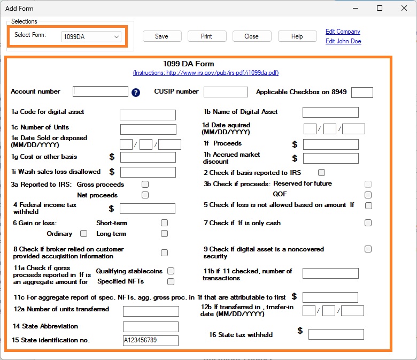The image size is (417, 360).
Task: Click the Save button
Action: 161,36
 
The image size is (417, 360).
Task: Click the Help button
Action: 297,36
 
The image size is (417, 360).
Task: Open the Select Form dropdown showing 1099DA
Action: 91,37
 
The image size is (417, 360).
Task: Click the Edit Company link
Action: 343,32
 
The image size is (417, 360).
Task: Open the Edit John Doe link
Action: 343,41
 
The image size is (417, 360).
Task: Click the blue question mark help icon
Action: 136,92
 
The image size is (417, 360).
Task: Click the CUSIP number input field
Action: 226,92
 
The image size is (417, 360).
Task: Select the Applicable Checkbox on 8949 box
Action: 362,93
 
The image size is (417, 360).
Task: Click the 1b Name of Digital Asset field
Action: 330,112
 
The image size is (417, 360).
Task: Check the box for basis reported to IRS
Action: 321,173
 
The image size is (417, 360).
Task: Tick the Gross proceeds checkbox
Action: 145,185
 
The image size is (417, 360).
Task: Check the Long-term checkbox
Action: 164,234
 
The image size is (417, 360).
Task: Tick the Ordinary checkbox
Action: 83,234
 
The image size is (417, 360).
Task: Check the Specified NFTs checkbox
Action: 171,281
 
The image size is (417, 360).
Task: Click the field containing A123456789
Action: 150,341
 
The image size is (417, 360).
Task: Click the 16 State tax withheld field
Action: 336,335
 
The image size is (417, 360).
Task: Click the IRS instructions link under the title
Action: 206,73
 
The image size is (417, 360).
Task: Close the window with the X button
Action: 404,8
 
